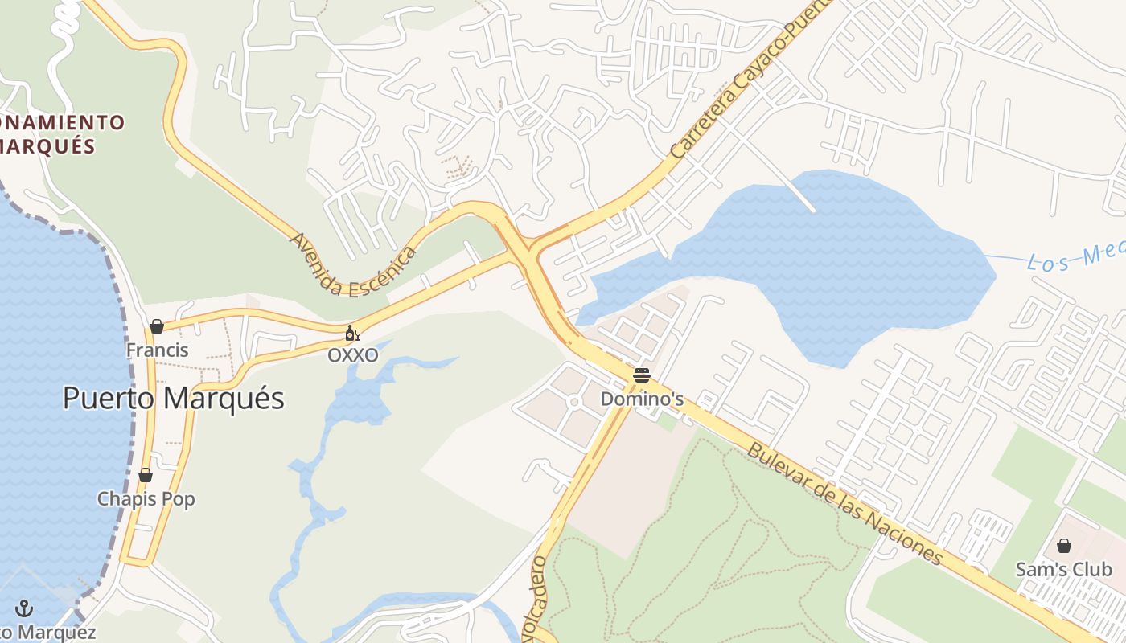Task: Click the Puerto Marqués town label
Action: tap(174, 399)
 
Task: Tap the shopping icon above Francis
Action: tap(157, 326)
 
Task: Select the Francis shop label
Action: tap(157, 350)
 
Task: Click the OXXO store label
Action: tap(352, 355)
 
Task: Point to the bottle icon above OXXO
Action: tap(352, 334)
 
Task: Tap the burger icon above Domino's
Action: tap(641, 375)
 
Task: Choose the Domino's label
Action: tap(642, 399)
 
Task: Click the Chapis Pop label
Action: tap(146, 499)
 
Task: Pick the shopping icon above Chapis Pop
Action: tap(146, 475)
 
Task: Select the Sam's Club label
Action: tap(1063, 570)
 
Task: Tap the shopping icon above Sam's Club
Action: tap(1063, 547)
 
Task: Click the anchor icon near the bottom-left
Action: tap(24, 608)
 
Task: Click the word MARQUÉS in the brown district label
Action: tap(48, 146)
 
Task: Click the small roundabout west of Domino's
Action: tap(573, 401)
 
